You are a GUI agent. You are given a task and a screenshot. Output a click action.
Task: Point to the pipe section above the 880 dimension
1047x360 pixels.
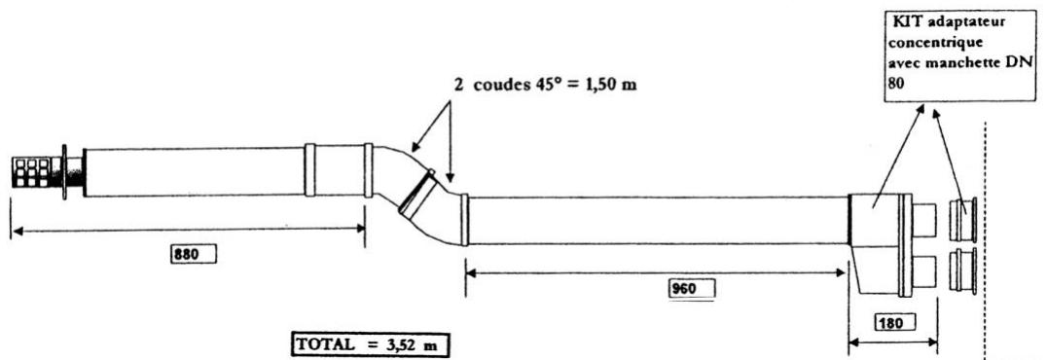point(195,171)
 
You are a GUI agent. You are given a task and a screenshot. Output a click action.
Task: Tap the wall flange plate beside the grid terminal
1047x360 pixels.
point(63,172)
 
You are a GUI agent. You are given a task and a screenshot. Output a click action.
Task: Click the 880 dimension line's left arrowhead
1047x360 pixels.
point(16,230)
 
